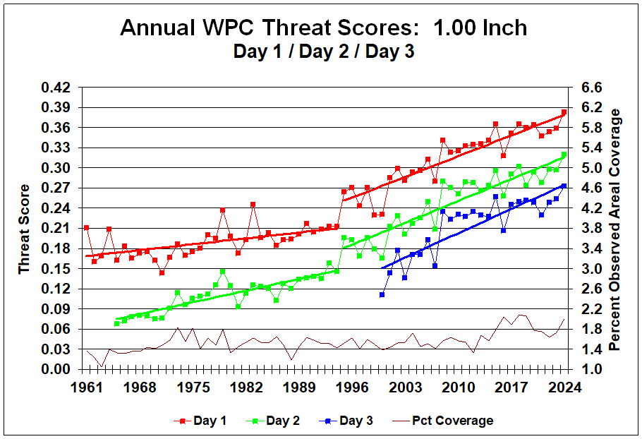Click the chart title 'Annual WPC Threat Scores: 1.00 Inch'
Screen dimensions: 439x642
click(x=323, y=28)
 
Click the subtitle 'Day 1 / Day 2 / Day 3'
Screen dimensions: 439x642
click(x=323, y=51)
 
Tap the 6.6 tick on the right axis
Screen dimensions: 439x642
click(x=588, y=88)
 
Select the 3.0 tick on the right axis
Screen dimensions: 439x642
click(x=588, y=269)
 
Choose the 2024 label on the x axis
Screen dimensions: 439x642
click(x=564, y=387)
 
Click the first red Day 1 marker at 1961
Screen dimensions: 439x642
click(x=86, y=227)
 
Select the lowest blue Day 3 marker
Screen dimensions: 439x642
click(x=382, y=294)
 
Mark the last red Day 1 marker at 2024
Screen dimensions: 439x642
click(x=564, y=112)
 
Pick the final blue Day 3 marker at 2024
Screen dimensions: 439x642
click(x=564, y=186)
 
